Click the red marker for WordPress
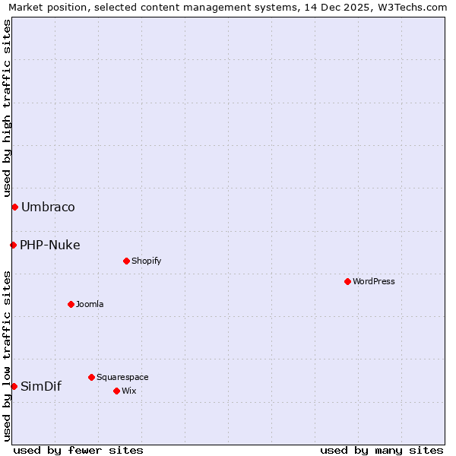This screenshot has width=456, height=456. click(x=347, y=281)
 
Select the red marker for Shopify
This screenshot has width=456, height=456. click(x=126, y=261)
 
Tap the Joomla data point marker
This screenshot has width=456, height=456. click(x=71, y=304)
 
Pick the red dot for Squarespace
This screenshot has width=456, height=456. click(x=91, y=377)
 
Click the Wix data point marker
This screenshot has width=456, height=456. click(x=116, y=391)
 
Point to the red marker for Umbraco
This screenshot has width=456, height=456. click(x=14, y=207)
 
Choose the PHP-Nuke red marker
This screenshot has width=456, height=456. click(x=13, y=245)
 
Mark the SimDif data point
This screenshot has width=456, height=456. click(x=14, y=386)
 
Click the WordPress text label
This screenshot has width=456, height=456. click(x=374, y=281)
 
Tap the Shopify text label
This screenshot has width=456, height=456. click(x=146, y=261)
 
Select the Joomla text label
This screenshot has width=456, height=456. click(x=90, y=304)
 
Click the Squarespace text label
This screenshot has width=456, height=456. click(x=122, y=377)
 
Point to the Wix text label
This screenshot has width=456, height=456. click(x=128, y=391)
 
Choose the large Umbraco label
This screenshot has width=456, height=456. click(x=48, y=207)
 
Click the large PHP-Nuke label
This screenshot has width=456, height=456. click(x=50, y=245)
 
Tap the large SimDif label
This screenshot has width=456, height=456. click(x=41, y=386)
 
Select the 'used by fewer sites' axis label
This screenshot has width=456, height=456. click(x=78, y=450)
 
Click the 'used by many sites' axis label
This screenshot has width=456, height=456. click(x=382, y=450)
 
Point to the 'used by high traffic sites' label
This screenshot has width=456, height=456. click(x=7, y=106)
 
